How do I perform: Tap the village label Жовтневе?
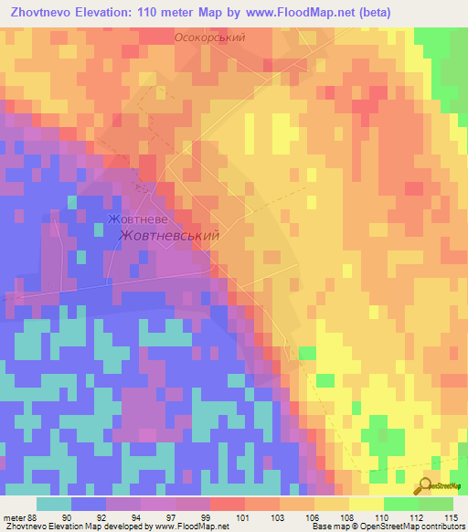(137, 220)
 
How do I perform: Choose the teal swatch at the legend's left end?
(53, 504)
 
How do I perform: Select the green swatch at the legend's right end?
(436, 504)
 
